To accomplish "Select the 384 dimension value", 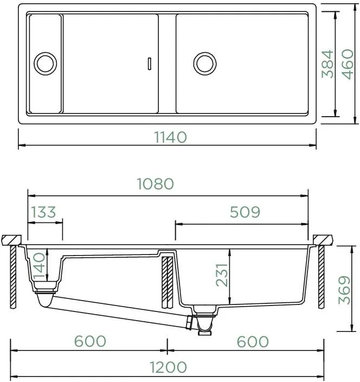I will (x=327, y=63).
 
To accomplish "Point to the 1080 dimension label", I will (x=156, y=184).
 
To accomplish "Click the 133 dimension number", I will (x=43, y=212).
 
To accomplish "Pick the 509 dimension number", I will (x=245, y=212).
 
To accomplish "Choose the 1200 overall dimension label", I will (x=168, y=367).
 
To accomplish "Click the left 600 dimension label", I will (x=90, y=341).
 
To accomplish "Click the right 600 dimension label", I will (x=253, y=341).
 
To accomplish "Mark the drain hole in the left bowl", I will (x=45, y=63).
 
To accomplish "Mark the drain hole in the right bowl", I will (x=205, y=63).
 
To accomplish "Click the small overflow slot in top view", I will (x=150, y=63).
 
